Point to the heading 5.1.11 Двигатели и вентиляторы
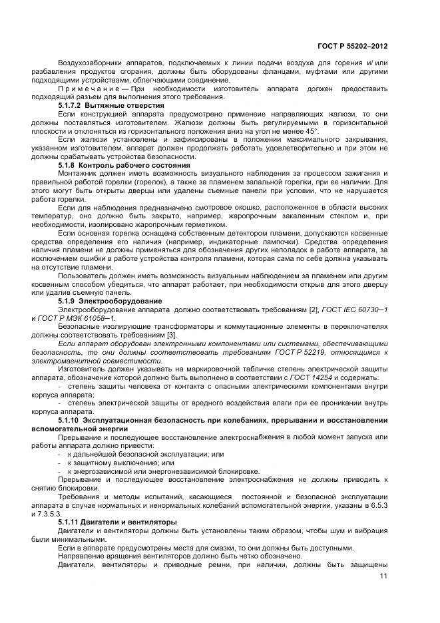tap(118, 522)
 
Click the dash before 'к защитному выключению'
tap(61, 462)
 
